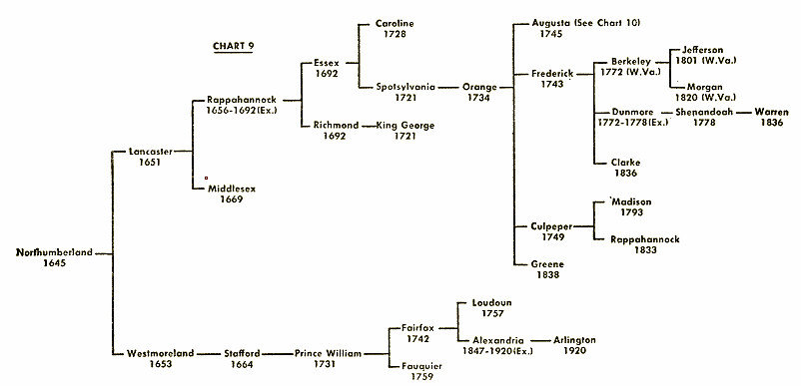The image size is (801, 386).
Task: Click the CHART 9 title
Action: coord(233,46)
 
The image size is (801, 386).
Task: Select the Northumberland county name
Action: coord(54,252)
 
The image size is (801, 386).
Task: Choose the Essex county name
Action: coord(326,62)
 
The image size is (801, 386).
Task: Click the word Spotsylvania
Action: coord(405,87)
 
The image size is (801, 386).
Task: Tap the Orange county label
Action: coord(479,87)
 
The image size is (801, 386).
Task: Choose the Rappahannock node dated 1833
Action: coord(646,239)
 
